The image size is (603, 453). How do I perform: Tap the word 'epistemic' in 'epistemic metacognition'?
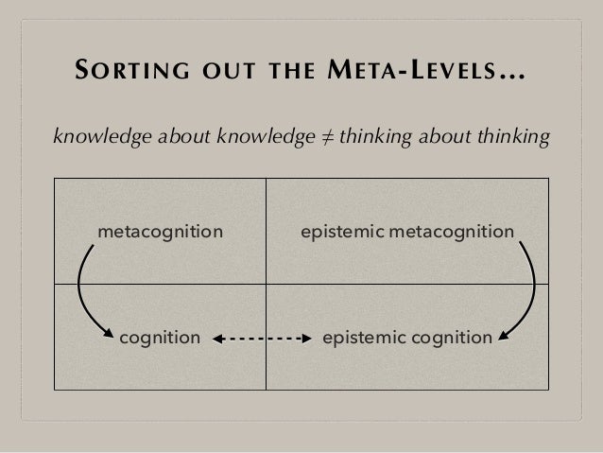(339, 231)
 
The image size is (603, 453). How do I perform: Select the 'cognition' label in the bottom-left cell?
(160, 336)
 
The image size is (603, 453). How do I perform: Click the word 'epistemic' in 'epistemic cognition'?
(362, 336)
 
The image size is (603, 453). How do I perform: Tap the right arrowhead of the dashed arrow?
(306, 337)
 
